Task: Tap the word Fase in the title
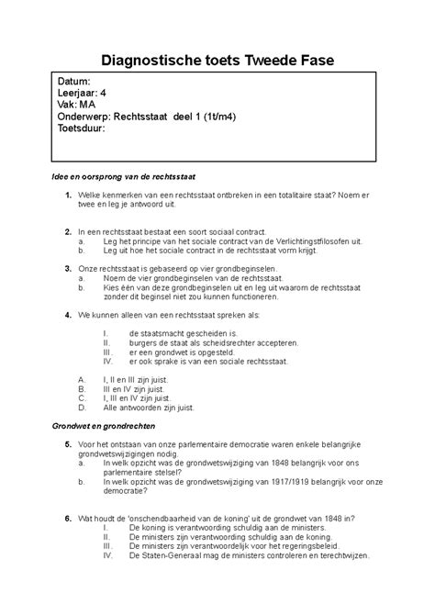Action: [315, 61]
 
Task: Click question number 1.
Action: [69, 197]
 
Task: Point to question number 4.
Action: [69, 314]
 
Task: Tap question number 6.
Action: [69, 518]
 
